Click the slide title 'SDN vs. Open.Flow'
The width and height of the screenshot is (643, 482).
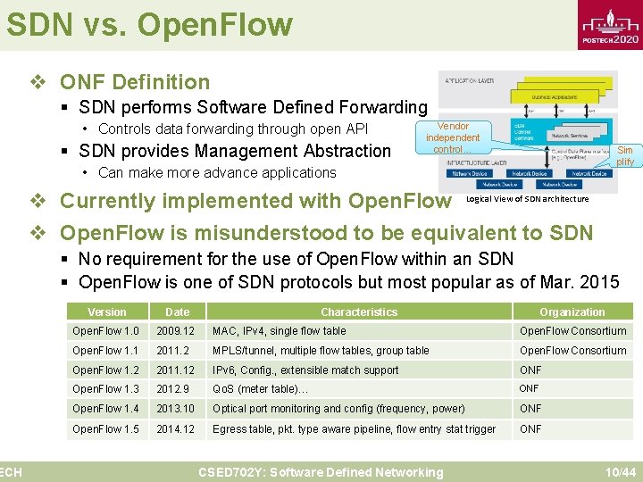[149, 24]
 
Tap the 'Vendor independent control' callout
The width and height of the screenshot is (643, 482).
[453, 138]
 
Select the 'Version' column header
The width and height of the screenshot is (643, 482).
[107, 312]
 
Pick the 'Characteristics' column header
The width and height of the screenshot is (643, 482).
[359, 312]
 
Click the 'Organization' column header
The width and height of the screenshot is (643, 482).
[572, 312]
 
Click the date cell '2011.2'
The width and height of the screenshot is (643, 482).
[172, 351]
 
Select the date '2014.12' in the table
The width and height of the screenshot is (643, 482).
[175, 428]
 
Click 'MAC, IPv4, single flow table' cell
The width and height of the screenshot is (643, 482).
[279, 331]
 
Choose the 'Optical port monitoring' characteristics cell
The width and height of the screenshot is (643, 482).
[338, 409]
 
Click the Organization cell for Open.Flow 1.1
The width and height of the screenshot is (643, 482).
[572, 351]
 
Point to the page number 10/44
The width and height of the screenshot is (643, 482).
[619, 471]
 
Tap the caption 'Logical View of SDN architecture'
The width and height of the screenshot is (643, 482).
[527, 198]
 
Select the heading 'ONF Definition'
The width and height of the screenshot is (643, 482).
[135, 82]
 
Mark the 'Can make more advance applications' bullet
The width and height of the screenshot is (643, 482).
[217, 172]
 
